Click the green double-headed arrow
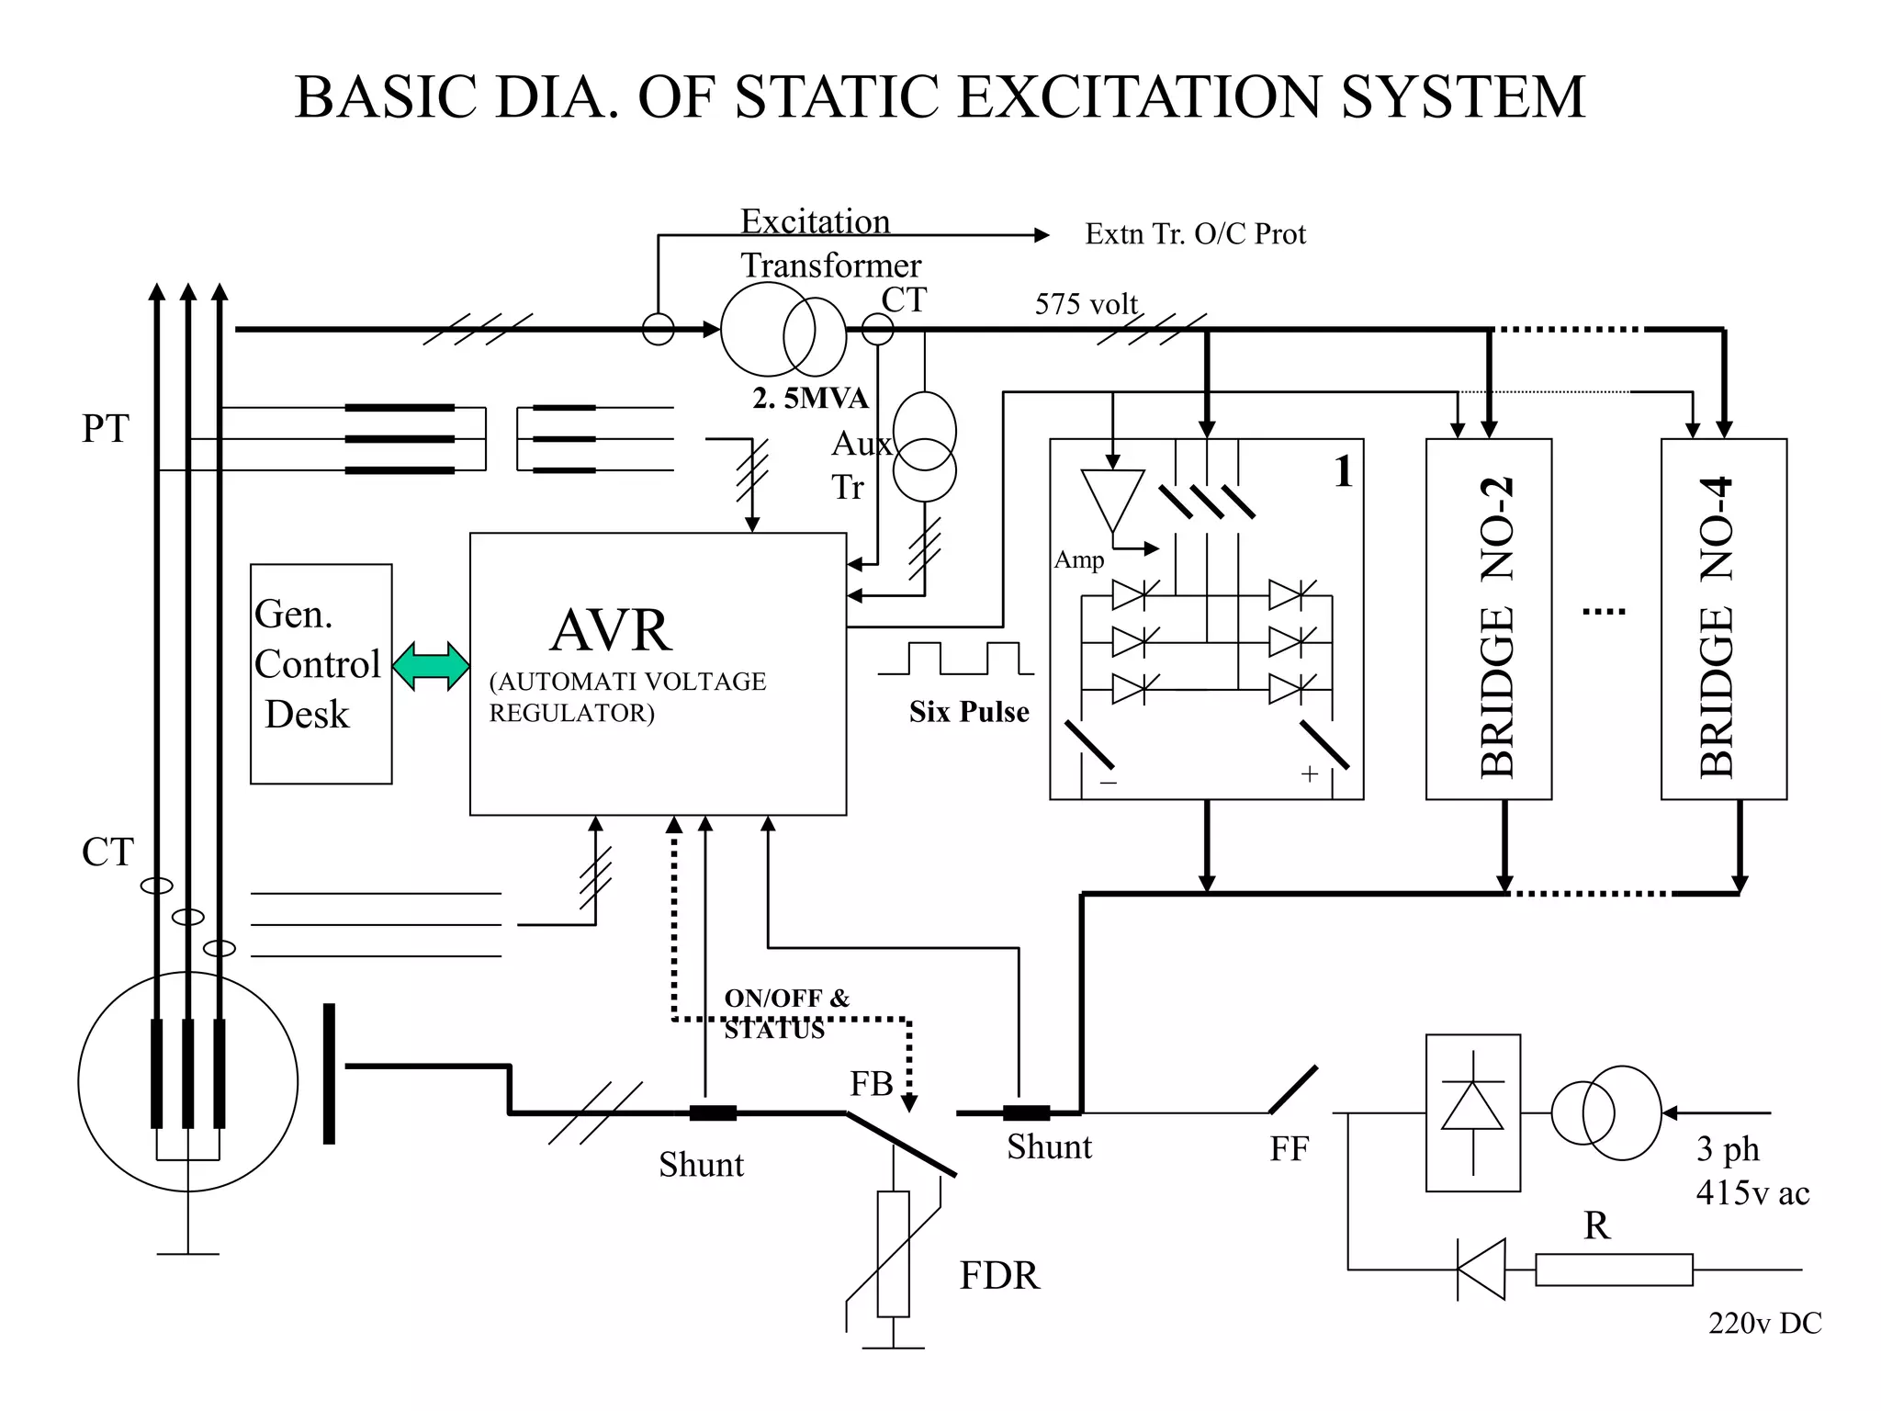pos(431,666)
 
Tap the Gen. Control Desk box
pos(321,673)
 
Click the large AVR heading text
pos(611,630)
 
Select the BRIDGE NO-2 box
pos(1488,619)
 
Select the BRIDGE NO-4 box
pos(1723,619)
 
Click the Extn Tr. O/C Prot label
pos(1195,234)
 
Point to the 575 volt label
pos(1086,304)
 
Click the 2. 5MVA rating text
pos(810,398)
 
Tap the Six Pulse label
pos(969,712)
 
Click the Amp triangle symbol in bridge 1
pos(1112,497)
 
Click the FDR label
pos(999,1275)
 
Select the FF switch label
pos(1289,1148)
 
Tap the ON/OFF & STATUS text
pos(786,1013)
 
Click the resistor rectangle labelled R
pos(1613,1269)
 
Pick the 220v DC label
pos(1764,1323)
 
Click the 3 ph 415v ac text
pos(1751,1170)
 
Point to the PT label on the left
pos(106,428)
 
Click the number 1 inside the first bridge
pos(1343,471)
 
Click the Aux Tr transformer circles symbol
pos(925,446)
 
